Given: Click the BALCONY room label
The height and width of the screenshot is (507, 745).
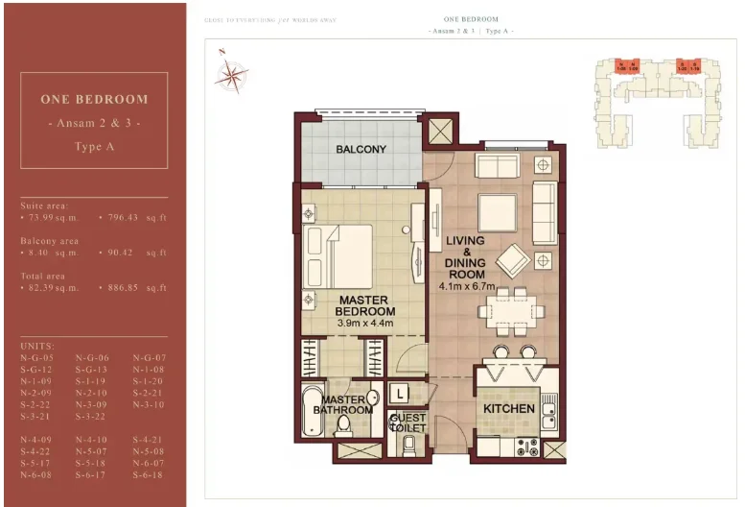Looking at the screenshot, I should (361, 150).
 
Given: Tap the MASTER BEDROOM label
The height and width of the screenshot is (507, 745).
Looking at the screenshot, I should (365, 305).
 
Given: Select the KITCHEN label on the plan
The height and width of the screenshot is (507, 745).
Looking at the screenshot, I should (508, 409).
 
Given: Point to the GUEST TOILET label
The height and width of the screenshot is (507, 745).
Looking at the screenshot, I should (407, 422).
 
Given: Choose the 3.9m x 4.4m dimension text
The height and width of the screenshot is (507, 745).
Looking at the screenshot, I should (365, 324).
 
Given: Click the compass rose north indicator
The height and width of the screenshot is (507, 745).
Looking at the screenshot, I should (231, 72).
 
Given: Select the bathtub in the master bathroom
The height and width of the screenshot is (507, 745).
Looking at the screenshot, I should (314, 414).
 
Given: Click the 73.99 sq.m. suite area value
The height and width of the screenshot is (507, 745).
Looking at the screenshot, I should (51, 218).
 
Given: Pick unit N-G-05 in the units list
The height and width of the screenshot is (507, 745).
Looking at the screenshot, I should (36, 357).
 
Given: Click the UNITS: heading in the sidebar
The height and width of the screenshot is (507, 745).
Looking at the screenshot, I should (37, 345).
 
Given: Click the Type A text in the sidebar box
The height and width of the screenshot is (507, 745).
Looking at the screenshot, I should (94, 147).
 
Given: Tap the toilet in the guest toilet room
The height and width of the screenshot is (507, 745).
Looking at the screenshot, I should (409, 444).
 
